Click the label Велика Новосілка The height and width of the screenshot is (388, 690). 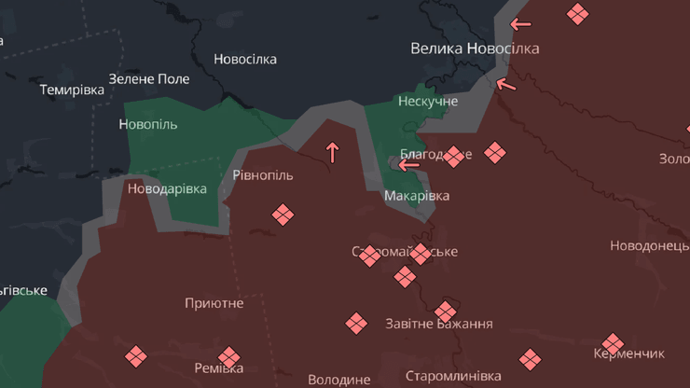(475, 48)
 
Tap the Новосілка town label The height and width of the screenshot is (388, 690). (245, 59)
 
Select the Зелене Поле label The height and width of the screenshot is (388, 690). (149, 79)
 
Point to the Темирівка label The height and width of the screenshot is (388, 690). (73, 90)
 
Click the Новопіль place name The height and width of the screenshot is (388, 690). (148, 124)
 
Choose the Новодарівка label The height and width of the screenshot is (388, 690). (167, 188)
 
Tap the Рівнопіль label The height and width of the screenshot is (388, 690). (262, 175)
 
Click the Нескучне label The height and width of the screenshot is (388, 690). (428, 101)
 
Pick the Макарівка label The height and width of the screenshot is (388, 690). (417, 196)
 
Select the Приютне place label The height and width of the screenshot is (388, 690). (214, 303)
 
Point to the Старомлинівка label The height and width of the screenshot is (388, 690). (453, 376)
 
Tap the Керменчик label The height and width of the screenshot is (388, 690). (628, 354)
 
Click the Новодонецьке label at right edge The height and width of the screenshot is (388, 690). (649, 245)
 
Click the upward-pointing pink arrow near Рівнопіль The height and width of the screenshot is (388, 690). (332, 151)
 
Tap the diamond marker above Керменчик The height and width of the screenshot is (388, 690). (612, 343)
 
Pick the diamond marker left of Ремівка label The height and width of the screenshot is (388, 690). (136, 355)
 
